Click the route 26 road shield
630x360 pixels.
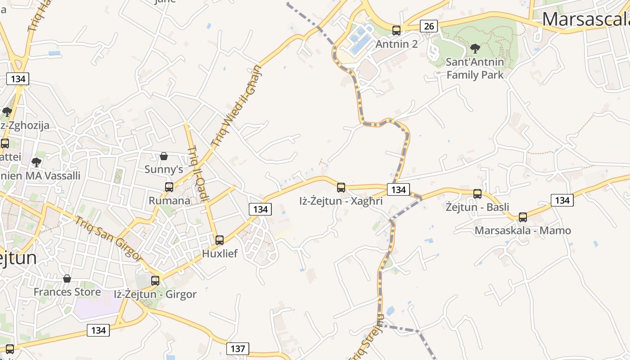tap(429, 26)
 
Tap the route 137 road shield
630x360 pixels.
tap(238, 348)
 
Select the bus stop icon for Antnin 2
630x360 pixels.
tap(396, 31)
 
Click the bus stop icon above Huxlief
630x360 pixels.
tap(220, 240)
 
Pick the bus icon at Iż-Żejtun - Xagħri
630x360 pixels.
tap(341, 187)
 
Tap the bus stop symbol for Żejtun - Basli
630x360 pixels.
tap(477, 194)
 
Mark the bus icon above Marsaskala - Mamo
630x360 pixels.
tap(523, 217)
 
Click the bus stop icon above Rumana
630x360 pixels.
tap(169, 187)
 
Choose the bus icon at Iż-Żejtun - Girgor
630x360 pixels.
tap(155, 280)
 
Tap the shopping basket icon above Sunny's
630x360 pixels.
tap(164, 156)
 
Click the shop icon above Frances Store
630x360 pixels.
tap(67, 279)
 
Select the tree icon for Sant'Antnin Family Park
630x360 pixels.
tap(475, 48)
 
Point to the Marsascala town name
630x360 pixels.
tap(585, 19)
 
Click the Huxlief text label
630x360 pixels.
tap(220, 253)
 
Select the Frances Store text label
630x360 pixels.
tap(67, 292)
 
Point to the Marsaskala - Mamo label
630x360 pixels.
tap(523, 230)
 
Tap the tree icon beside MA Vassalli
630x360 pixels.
tap(36, 162)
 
